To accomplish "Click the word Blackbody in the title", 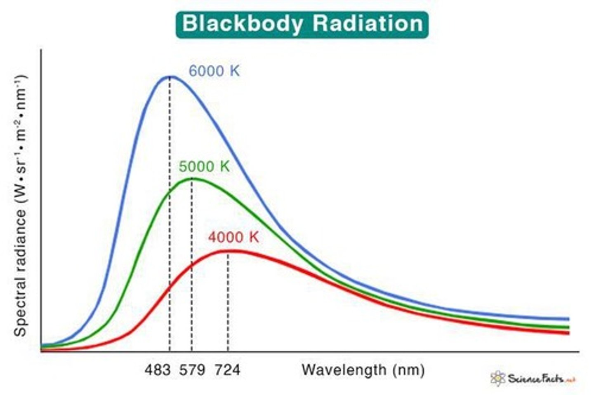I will click(x=242, y=24).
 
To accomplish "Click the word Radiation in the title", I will click(x=368, y=24).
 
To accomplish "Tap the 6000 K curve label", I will click(x=214, y=71).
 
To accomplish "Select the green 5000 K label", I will click(x=204, y=166).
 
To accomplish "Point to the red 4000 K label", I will click(x=233, y=237).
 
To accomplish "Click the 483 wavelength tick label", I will click(x=157, y=370).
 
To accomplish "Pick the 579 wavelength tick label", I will click(x=192, y=370).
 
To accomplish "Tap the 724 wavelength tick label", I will click(x=227, y=370).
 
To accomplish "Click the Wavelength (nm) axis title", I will click(x=363, y=370).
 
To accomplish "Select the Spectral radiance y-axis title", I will click(x=21, y=206).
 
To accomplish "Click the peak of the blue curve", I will click(x=170, y=76).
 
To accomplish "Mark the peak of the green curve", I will click(x=192, y=178).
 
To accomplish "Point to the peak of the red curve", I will click(x=228, y=250).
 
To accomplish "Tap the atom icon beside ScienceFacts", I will click(x=498, y=378).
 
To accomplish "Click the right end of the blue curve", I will click(x=568, y=319).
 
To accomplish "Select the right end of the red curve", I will click(x=568, y=333).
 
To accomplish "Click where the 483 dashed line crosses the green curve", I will click(x=170, y=192).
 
